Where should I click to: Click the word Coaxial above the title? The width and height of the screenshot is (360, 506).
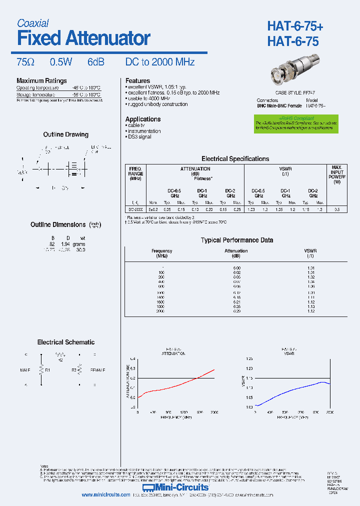pos(32,23)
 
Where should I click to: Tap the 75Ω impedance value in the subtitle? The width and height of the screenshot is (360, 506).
pos(25,62)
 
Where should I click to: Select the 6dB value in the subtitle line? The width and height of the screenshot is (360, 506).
pos(96,62)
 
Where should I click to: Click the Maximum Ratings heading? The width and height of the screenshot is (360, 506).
pos(41,81)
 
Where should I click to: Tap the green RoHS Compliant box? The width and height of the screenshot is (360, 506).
pos(295,124)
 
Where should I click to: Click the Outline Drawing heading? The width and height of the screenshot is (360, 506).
pos(65,134)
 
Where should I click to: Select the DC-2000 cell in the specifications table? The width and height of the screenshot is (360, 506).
pos(135,209)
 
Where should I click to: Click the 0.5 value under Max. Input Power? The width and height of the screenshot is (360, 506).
pos(337,209)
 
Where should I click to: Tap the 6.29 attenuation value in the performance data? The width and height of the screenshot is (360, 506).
pos(236,310)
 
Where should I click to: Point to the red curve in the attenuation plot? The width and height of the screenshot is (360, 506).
pos(175,385)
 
